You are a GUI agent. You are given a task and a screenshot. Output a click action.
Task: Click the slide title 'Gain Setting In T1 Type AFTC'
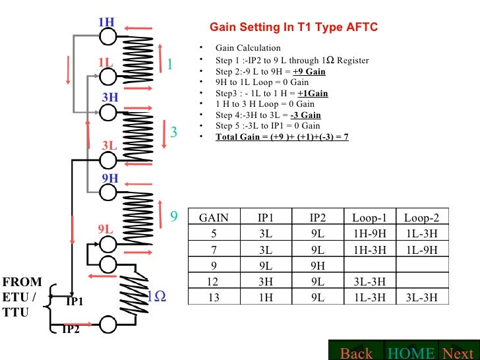(293, 28)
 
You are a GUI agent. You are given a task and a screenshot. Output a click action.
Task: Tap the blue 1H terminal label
(106, 22)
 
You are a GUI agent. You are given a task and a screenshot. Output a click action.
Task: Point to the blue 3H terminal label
(109, 98)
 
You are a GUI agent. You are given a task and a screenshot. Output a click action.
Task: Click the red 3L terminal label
(109, 144)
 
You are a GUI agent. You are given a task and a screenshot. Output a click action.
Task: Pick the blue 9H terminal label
(109, 178)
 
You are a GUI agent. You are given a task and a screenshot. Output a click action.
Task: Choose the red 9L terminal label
(106, 229)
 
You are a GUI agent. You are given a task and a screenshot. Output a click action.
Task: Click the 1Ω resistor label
(156, 297)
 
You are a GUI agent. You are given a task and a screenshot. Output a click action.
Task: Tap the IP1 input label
(75, 302)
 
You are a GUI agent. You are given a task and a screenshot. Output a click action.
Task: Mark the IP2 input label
(71, 330)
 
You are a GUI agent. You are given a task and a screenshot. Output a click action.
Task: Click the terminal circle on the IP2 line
(108, 324)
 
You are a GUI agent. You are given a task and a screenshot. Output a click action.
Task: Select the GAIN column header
(214, 217)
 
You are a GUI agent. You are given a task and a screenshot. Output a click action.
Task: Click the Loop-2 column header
(421, 217)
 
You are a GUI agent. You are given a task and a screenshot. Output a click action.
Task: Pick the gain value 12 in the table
(214, 282)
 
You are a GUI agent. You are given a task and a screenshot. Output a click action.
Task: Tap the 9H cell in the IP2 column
(317, 266)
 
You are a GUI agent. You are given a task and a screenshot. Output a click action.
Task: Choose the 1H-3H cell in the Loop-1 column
(369, 249)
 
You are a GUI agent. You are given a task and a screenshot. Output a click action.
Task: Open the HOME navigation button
(411, 353)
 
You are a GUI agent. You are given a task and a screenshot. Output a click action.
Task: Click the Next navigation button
(458, 353)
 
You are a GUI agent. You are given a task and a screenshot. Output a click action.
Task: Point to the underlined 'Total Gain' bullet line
(282, 136)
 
